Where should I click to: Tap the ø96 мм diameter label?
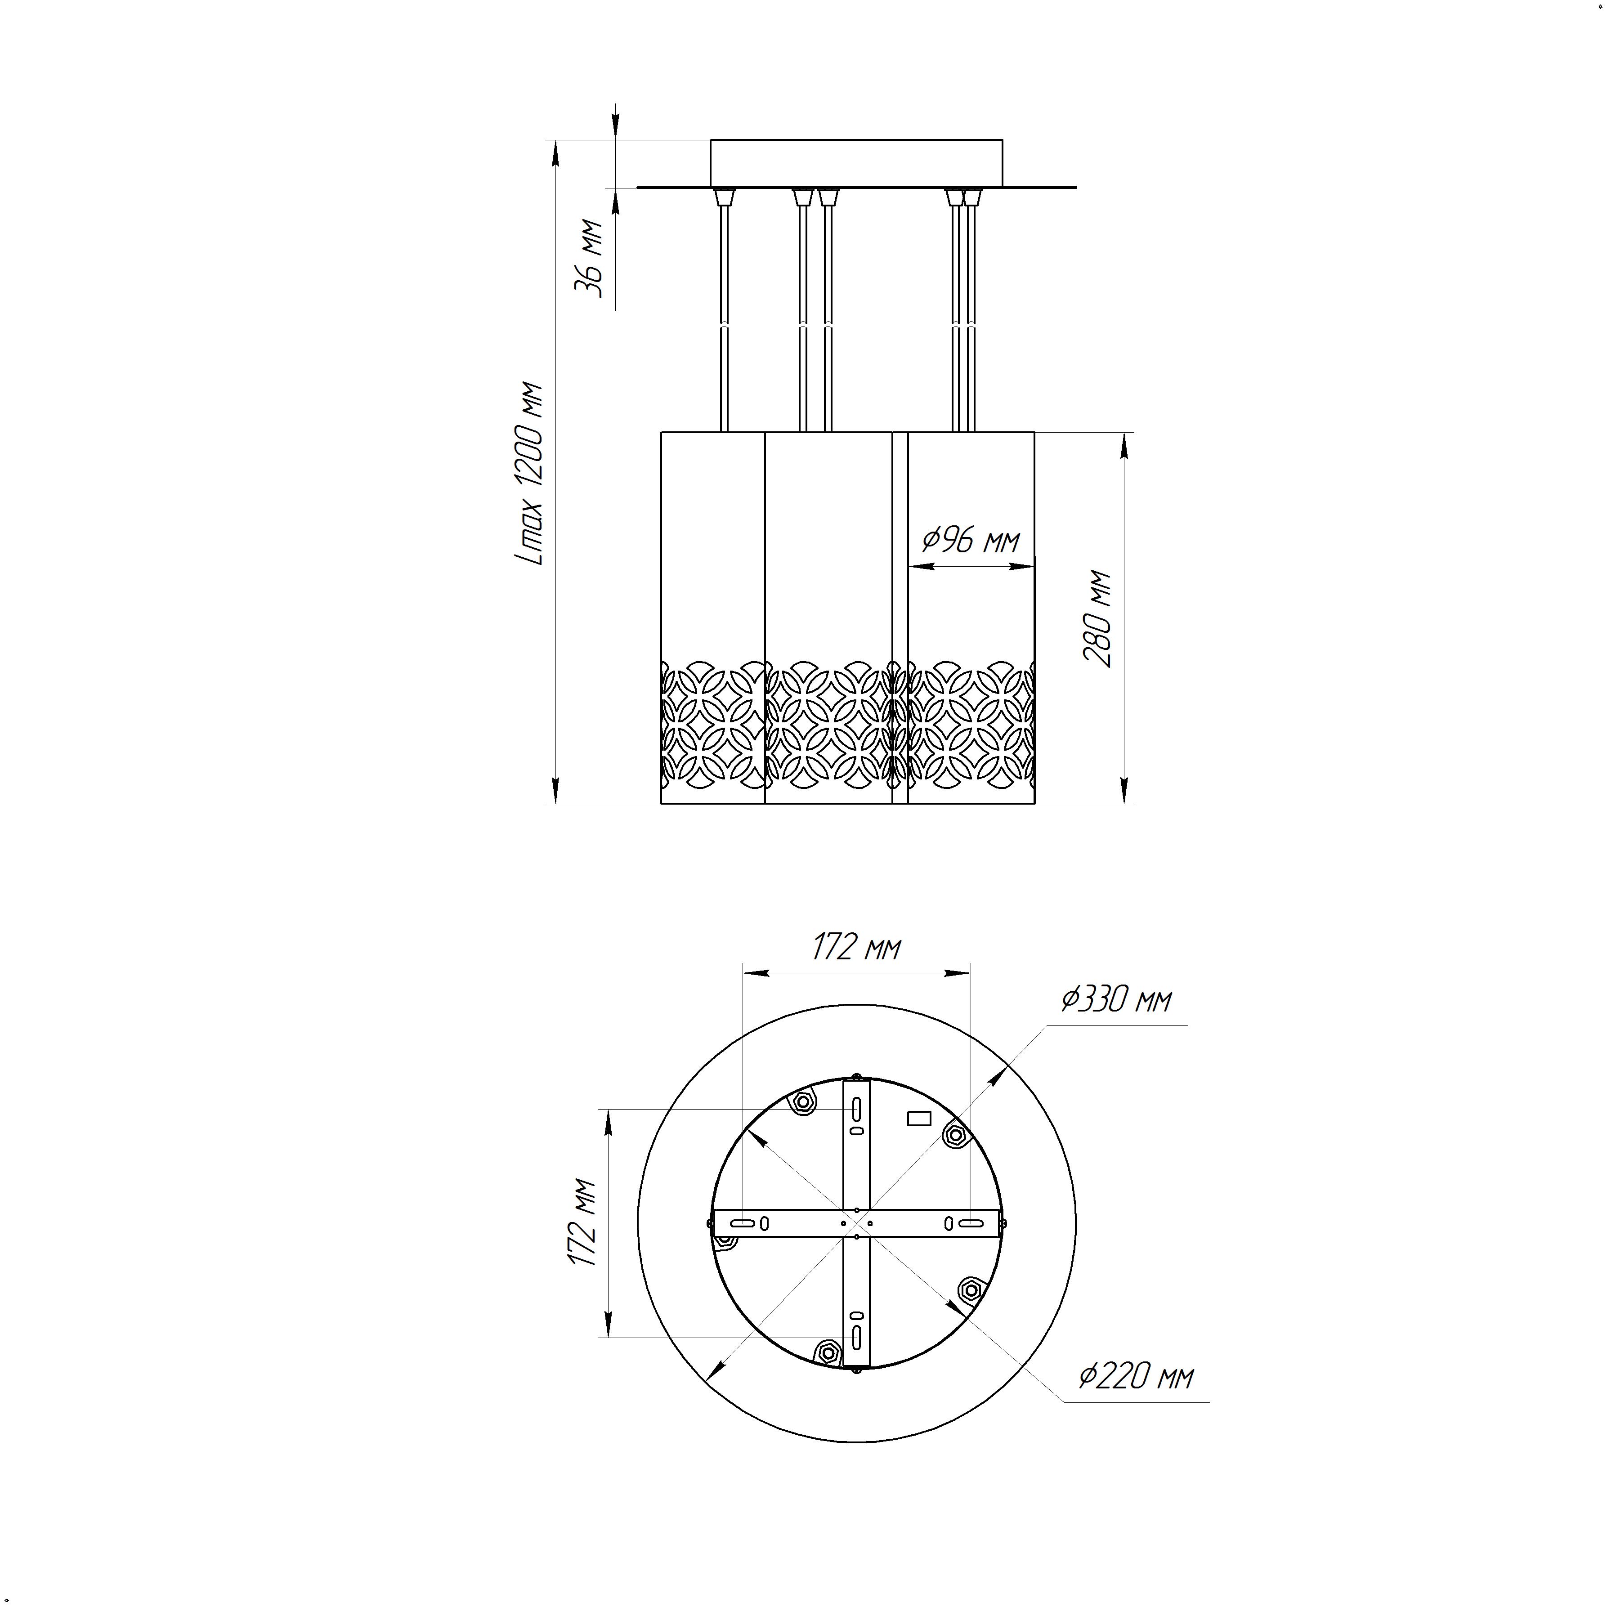point(971,541)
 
